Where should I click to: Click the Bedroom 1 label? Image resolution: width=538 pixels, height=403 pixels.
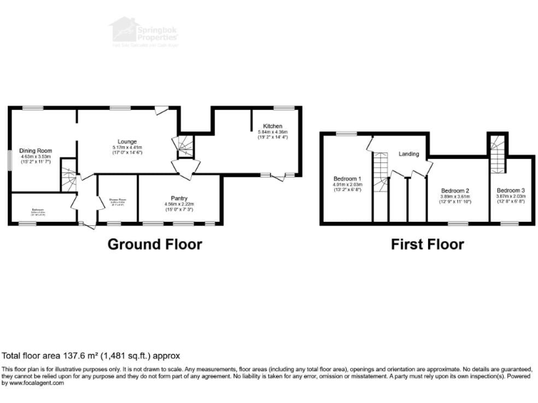[347, 178]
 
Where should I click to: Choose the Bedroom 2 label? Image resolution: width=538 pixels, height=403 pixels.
[455, 190]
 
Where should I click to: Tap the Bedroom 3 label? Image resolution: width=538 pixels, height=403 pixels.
[509, 190]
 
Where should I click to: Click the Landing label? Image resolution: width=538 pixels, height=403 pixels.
[409, 154]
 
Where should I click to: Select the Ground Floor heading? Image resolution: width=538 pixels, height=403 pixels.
[154, 244]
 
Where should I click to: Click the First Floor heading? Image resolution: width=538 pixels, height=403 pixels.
[427, 244]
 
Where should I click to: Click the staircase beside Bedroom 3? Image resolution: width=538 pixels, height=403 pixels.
[496, 155]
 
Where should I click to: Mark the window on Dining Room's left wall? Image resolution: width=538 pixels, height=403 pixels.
[9, 160]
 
